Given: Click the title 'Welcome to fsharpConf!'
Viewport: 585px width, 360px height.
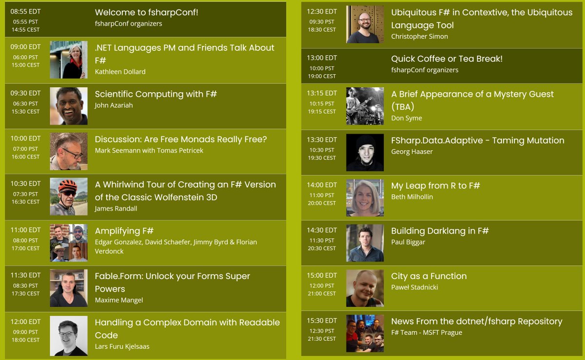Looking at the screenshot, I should pyautogui.click(x=146, y=13).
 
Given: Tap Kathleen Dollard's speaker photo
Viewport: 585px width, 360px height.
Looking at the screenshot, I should pyautogui.click(x=69, y=60).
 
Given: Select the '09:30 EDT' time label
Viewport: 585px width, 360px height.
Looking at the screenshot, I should pyautogui.click(x=26, y=93).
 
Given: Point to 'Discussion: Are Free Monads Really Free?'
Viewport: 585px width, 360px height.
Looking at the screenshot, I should pyautogui.click(x=181, y=140).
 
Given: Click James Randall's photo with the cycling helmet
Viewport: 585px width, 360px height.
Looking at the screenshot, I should pyautogui.click(x=69, y=197).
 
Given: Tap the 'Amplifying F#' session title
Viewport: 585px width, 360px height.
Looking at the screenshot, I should pyautogui.click(x=124, y=231).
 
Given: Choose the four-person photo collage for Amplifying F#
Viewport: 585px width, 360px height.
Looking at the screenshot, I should pyautogui.click(x=69, y=243).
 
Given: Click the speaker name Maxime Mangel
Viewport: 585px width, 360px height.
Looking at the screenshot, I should pyautogui.click(x=119, y=300).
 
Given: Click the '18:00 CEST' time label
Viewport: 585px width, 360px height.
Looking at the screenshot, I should pyautogui.click(x=26, y=340).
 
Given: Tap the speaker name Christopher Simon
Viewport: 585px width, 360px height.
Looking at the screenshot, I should pyautogui.click(x=419, y=37).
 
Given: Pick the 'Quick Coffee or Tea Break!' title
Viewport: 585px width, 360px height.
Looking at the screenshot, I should pyautogui.click(x=447, y=59).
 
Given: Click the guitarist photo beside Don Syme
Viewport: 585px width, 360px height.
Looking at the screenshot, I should pyautogui.click(x=365, y=106).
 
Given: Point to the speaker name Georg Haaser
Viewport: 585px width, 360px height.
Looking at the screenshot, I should pyautogui.click(x=412, y=151).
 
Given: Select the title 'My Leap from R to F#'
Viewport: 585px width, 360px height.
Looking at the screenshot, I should pyautogui.click(x=436, y=185).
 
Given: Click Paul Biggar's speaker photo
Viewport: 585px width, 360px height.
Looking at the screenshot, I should pyautogui.click(x=365, y=243).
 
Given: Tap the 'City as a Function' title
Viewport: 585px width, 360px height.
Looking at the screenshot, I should pyautogui.click(x=429, y=276).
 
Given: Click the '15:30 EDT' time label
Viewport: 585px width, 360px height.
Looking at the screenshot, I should pyautogui.click(x=322, y=320).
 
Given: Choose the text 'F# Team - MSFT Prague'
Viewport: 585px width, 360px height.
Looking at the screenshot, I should pyautogui.click(x=427, y=333).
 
